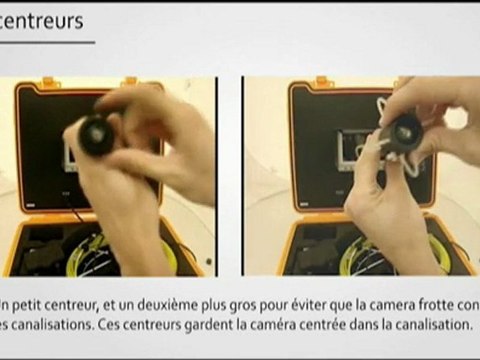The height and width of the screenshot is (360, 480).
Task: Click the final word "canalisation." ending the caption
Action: click(434, 325)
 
